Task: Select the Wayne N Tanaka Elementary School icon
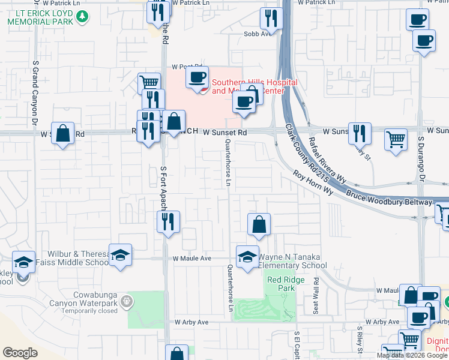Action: [x=247, y=257]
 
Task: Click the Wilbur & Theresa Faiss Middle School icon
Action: [x=120, y=255]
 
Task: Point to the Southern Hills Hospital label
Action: [x=255, y=82]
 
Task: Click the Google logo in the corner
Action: [x=20, y=352]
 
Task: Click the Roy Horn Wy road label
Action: [x=313, y=182]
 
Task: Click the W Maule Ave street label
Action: [x=192, y=259]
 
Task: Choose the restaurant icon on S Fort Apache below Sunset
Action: [x=167, y=222]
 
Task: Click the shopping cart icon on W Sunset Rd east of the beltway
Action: [x=396, y=139]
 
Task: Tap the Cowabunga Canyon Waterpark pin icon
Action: [x=125, y=301]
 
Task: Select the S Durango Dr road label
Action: [x=421, y=163]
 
